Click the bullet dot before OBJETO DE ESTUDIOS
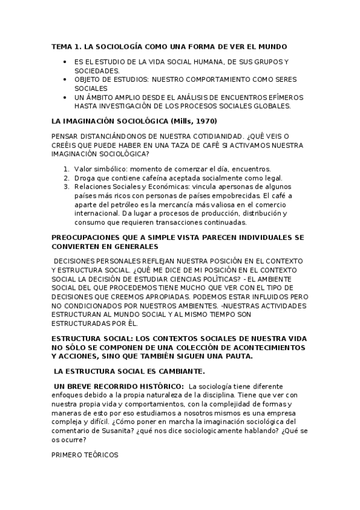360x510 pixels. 64,79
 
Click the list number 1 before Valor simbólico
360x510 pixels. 66,169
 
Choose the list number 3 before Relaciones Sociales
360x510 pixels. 66,187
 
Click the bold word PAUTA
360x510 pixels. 238,356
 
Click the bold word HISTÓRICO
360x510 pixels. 162,386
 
